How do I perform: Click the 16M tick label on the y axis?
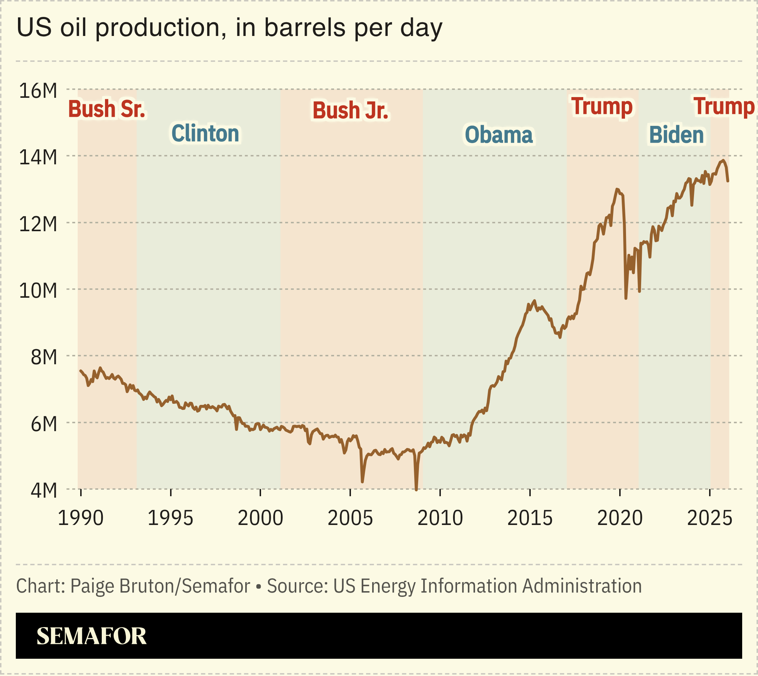point(38,91)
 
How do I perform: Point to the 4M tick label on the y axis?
point(44,491)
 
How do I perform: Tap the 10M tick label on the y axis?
point(38,291)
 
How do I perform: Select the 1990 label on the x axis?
point(81,518)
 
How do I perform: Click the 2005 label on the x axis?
point(350,518)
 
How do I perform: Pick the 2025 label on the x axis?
point(709,518)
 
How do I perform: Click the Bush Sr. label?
point(106,109)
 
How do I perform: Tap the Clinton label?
point(205,133)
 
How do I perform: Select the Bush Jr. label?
point(350,110)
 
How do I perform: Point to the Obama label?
point(498,134)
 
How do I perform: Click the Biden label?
point(676,134)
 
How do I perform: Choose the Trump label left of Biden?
point(602,106)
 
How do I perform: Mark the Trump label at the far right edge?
point(723,106)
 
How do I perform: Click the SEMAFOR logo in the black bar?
point(91,636)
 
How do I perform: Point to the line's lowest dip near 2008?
point(416,489)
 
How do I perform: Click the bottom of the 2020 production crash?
point(626,298)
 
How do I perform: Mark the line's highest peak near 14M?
point(723,160)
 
